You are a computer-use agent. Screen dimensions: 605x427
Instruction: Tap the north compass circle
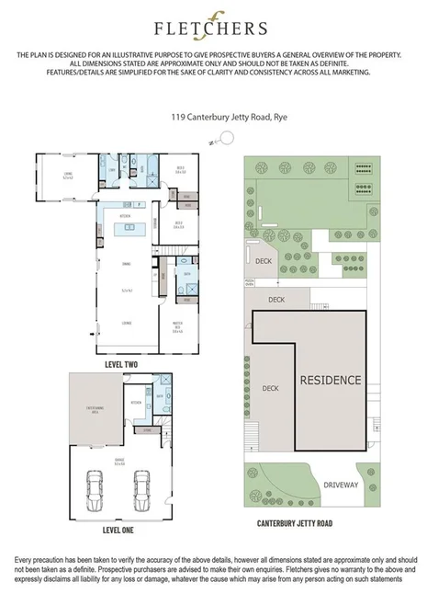click(x=227, y=137)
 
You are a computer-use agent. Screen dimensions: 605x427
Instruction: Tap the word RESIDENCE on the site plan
click(x=330, y=380)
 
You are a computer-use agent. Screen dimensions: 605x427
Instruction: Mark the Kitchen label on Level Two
click(x=125, y=215)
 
